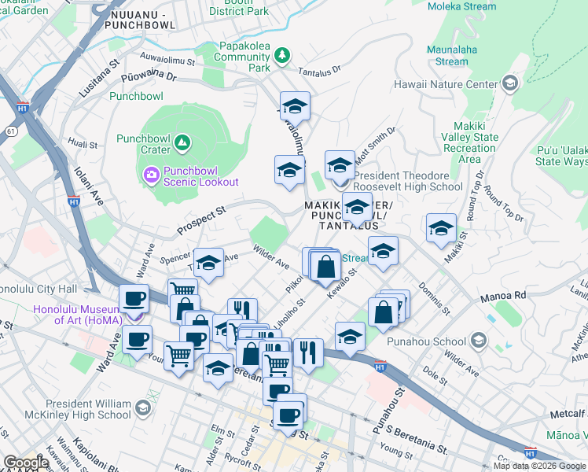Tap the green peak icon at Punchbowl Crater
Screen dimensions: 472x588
click(x=182, y=142)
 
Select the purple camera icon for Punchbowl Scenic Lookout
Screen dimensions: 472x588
click(x=150, y=173)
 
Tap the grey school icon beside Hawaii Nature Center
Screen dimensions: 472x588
click(x=509, y=83)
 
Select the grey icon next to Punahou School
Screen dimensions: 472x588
click(x=479, y=341)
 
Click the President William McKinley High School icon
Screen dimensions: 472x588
click(x=143, y=407)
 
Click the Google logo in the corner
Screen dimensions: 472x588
click(x=25, y=463)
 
